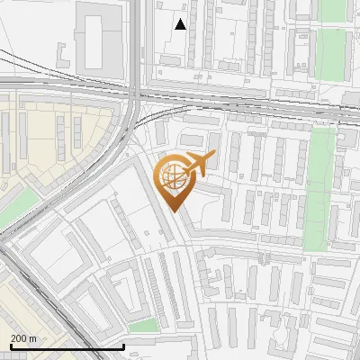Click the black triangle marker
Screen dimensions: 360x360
tap(181, 24)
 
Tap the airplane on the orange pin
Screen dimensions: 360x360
tap(198, 162)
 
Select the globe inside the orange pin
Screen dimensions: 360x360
tap(173, 177)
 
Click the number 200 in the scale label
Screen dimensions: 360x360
tap(19, 338)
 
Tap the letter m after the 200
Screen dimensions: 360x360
tap(32, 338)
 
